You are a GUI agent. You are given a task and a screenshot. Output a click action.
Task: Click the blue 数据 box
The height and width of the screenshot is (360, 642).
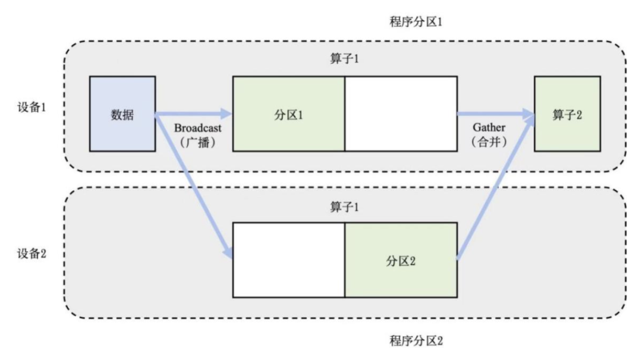click(122, 114)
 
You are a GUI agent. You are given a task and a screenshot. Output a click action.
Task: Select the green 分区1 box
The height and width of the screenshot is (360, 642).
click(288, 114)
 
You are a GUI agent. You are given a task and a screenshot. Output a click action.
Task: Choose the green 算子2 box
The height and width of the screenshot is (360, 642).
click(567, 114)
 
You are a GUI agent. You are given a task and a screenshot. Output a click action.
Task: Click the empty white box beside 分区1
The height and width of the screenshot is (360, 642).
click(401, 114)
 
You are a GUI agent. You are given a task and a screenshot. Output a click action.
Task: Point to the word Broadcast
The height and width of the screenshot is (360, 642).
click(193, 127)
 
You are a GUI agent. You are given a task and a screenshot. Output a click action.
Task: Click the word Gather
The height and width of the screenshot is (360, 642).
click(489, 127)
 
